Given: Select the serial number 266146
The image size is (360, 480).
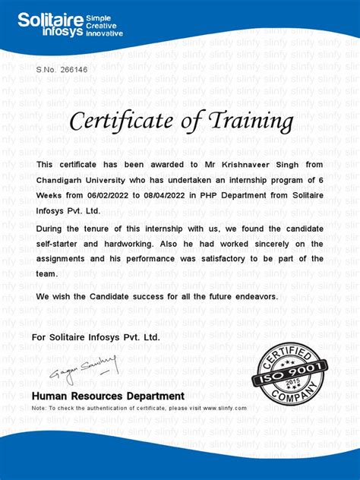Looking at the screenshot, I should click(74, 69).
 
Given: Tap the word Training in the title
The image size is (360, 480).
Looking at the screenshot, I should click(247, 121).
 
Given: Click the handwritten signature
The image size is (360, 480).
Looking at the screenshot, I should click(84, 368).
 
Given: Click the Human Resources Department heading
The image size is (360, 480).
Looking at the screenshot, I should click(108, 396).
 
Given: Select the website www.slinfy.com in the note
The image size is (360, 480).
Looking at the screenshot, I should click(224, 408).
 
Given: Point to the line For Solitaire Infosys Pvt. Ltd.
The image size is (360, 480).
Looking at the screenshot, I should click(96, 336).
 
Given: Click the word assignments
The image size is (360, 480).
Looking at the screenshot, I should click(63, 258).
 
